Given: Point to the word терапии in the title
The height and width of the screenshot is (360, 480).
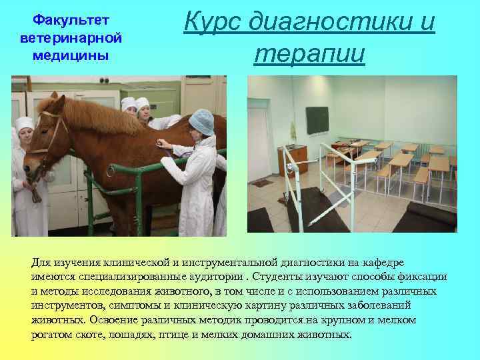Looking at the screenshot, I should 309,53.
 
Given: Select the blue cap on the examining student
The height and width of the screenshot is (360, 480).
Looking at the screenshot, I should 201,121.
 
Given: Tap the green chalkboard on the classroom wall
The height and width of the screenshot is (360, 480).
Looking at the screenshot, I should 322,121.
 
